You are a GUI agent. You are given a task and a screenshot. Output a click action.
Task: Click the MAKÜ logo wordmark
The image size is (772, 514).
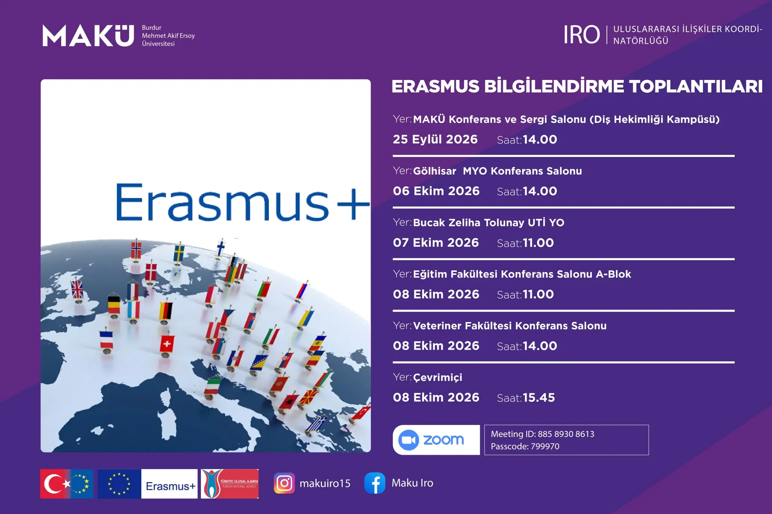pyautogui.click(x=88, y=35)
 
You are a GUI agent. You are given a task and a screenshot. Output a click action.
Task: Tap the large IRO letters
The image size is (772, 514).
pyautogui.click(x=582, y=35)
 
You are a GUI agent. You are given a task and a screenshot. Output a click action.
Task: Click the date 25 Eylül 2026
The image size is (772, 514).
pyautogui.click(x=435, y=139)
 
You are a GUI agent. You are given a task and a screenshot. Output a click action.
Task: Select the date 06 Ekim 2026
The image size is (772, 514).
pyautogui.click(x=436, y=191)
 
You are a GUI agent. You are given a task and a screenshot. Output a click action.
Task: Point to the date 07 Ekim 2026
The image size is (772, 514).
pyautogui.click(x=436, y=242)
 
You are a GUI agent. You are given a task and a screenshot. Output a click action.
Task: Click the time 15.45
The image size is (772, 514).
pyautogui.click(x=539, y=397)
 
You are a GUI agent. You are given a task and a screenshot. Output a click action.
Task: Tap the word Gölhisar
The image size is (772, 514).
pyautogui.click(x=435, y=171)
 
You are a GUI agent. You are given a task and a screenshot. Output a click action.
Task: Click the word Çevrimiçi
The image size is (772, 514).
pyautogui.click(x=438, y=377)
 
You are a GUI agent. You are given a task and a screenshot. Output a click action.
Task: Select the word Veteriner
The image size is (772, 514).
pyautogui.click(x=437, y=325)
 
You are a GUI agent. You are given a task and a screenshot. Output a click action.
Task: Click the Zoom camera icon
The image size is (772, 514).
pyautogui.click(x=409, y=440)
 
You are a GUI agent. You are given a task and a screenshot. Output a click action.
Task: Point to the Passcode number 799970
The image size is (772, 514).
pyautogui.click(x=545, y=446)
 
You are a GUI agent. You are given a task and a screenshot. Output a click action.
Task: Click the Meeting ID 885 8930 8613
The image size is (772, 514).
pyautogui.click(x=566, y=434)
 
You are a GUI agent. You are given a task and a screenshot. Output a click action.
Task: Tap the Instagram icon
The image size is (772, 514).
pyautogui.click(x=284, y=483)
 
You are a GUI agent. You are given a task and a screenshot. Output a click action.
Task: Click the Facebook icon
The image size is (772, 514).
pyautogui.click(x=375, y=483)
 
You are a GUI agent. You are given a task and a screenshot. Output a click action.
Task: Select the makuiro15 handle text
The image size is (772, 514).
pyautogui.click(x=325, y=483)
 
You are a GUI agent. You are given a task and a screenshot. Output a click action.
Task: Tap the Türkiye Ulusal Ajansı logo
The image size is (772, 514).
pyautogui.click(x=230, y=484)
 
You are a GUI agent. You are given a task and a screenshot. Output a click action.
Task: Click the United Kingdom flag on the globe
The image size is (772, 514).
pyautogui.click(x=77, y=289)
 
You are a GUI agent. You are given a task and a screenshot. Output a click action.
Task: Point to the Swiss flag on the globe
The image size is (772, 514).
pyautogui.click(x=167, y=344)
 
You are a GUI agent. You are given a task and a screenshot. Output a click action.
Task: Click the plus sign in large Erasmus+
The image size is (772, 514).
pyautogui.click(x=354, y=204)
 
